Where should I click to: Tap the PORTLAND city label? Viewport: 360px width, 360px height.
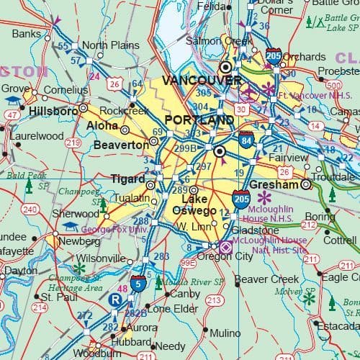click(x=199, y=120)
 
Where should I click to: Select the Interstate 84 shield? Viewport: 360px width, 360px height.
click(x=246, y=140)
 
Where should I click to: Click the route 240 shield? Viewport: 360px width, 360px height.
click(x=30, y=210)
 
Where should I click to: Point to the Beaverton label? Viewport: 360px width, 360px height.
click(x=121, y=145)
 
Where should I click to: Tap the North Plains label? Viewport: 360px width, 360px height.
click(x=110, y=45)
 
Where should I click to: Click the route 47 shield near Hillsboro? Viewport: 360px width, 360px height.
click(x=12, y=114)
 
